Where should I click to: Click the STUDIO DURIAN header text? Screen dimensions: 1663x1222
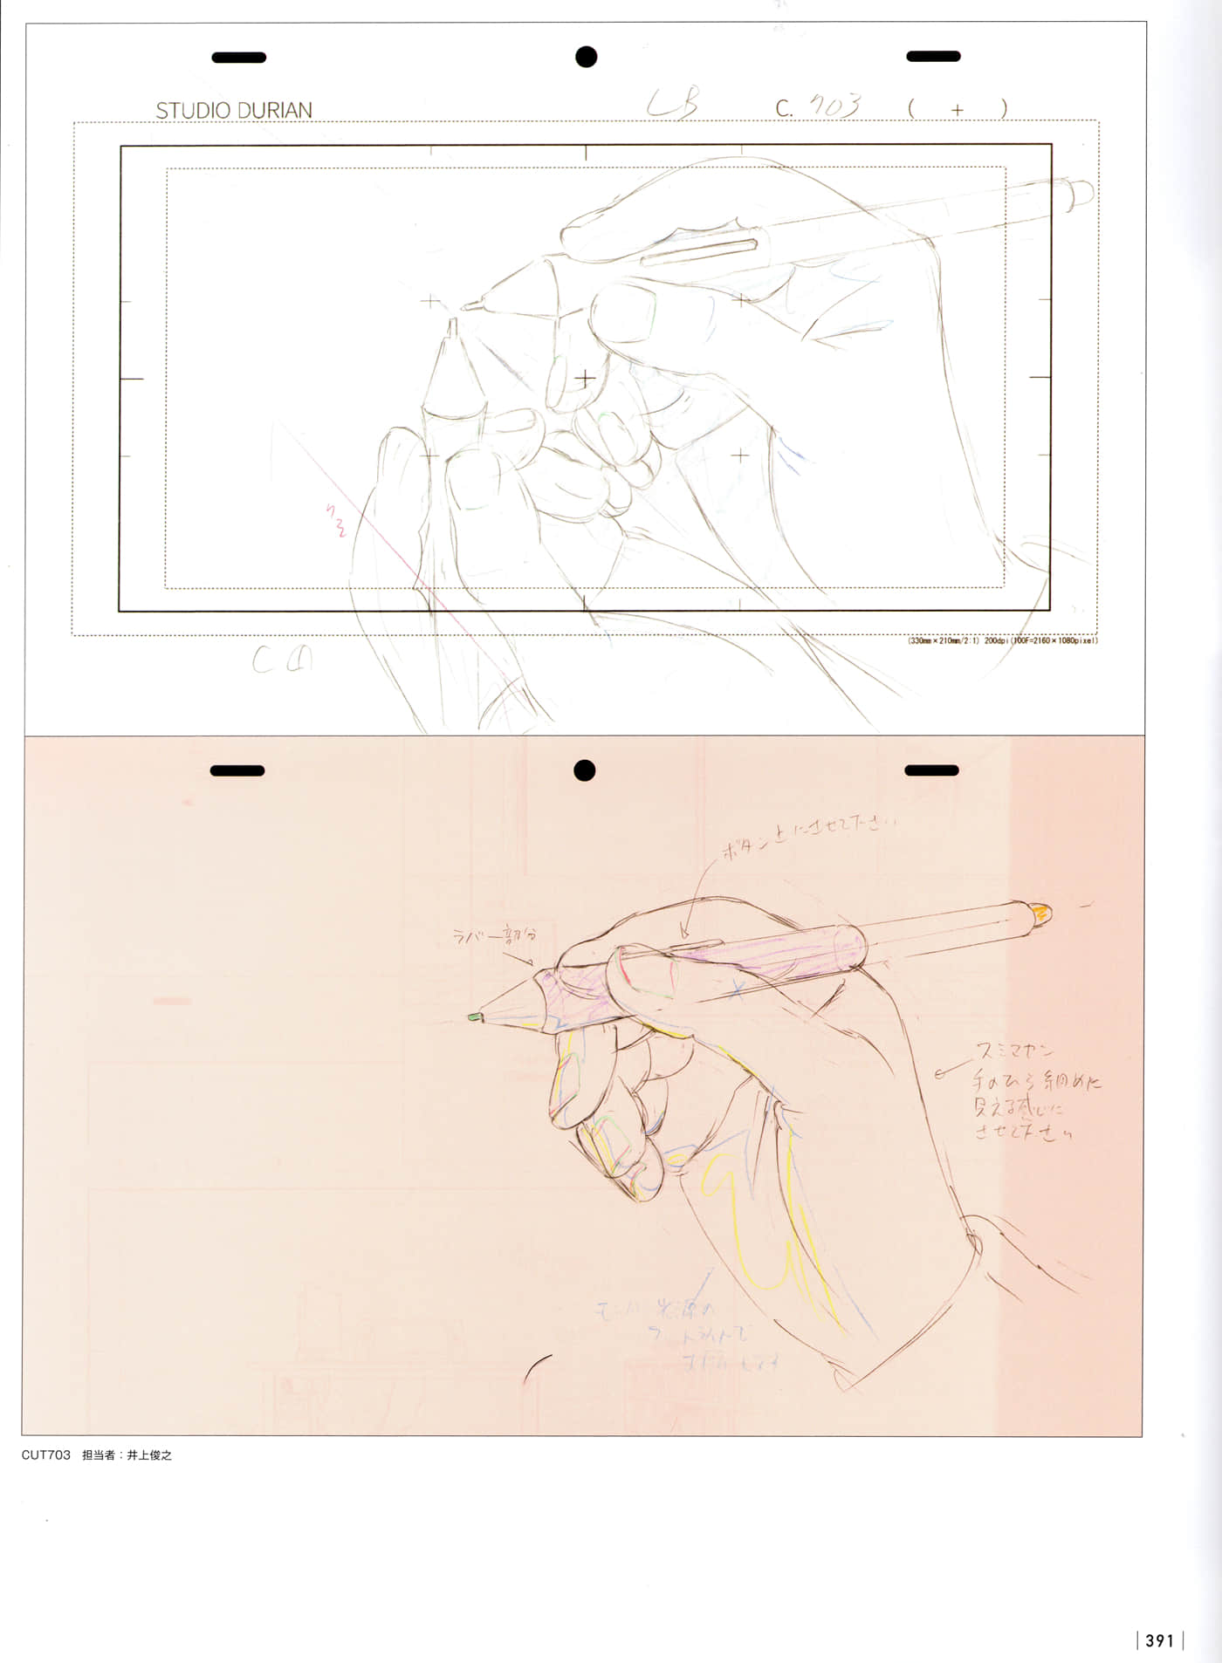click(x=233, y=111)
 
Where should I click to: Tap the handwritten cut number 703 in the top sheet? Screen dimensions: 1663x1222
click(x=834, y=106)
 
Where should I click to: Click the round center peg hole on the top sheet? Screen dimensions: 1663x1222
click(x=586, y=57)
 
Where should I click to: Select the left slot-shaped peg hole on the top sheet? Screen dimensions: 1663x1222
click(x=238, y=58)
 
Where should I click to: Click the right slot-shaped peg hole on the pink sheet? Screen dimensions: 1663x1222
click(x=931, y=770)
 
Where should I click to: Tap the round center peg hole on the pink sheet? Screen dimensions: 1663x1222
click(x=584, y=770)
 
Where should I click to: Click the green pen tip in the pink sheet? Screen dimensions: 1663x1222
click(x=474, y=1016)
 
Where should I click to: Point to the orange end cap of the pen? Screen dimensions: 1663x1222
click(x=1040, y=914)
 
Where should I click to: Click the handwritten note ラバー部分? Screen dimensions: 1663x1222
click(x=493, y=935)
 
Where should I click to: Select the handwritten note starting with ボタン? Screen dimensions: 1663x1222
click(x=807, y=834)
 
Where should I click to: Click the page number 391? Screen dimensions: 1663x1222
click(x=1159, y=1640)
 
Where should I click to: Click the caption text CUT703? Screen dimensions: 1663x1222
click(x=45, y=1455)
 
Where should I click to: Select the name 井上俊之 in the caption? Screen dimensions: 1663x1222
click(x=149, y=1455)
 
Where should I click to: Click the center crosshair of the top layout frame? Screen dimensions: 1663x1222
click(x=585, y=378)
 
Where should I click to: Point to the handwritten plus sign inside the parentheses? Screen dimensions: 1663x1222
click(x=958, y=110)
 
